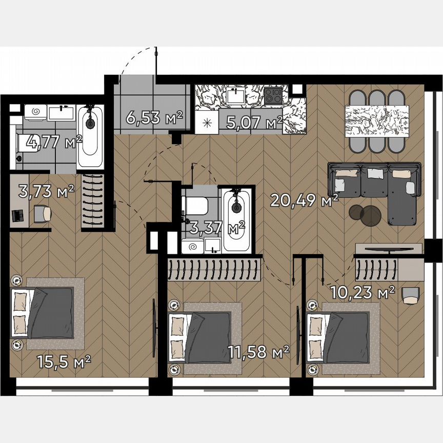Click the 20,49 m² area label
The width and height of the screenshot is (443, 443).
pos(305,200)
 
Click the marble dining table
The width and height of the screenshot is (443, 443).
pos(377,121)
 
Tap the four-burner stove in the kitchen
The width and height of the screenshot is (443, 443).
pos(272,95)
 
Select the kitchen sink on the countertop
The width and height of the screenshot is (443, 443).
pos(236,95)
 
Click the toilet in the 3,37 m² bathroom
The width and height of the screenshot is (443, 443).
pos(195,206)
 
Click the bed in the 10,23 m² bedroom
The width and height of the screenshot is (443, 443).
pos(338,336)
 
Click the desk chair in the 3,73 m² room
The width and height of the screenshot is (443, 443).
pos(43,213)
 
